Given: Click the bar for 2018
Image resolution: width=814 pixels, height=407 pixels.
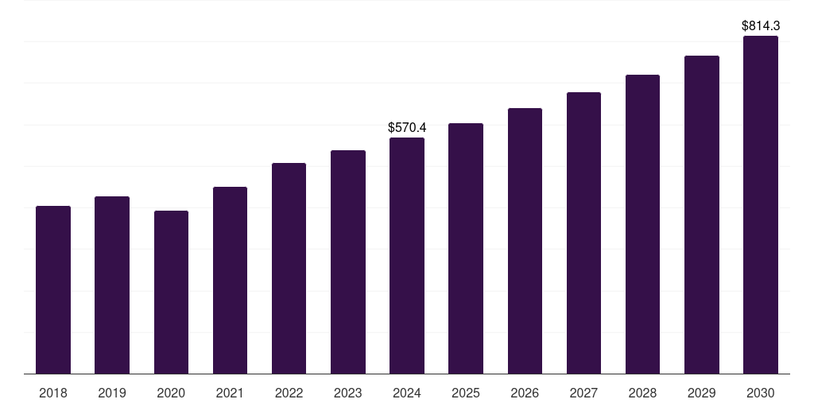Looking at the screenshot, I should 53,290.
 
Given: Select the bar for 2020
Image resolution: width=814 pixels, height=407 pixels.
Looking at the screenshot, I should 171,293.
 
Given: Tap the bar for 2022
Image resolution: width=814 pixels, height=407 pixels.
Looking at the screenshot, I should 289,269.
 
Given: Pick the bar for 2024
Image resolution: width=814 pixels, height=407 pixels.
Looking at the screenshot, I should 407,256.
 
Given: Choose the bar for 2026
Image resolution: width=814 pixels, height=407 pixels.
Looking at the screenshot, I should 525,241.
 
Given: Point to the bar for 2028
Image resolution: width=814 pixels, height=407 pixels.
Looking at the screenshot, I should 642,224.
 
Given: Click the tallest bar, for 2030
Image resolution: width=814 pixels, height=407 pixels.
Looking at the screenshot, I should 761,205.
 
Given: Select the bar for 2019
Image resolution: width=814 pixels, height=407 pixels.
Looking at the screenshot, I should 112,285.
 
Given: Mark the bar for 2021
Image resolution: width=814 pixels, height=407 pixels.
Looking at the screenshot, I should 230,281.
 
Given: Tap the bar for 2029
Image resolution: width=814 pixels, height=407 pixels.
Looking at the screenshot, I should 702,215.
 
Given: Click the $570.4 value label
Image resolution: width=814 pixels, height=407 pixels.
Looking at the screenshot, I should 407,127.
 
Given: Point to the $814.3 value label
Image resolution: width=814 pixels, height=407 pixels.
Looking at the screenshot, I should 761,26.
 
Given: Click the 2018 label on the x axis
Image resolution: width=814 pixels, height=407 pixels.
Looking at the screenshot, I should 53,393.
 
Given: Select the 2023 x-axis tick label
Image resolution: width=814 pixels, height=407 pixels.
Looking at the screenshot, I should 348,393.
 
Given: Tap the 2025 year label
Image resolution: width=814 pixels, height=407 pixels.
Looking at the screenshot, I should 466,393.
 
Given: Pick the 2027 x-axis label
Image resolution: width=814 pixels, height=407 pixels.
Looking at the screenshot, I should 583,393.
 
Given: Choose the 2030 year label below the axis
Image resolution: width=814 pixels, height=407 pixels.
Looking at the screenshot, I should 761,393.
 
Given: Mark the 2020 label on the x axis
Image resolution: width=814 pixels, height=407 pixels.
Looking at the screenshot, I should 171,393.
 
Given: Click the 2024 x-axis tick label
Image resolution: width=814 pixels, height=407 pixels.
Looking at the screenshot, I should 407,393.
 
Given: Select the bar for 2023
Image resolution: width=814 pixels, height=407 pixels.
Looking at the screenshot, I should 348,262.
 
